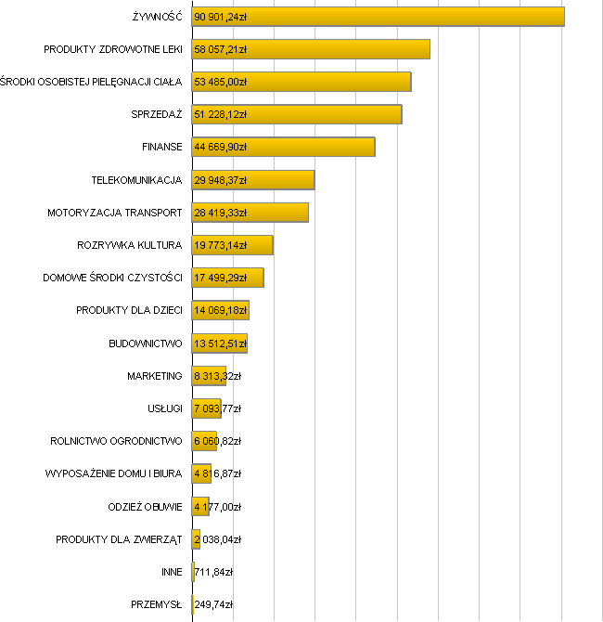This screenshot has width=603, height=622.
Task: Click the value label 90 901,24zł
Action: (221, 17)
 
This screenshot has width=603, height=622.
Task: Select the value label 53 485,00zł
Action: (221, 82)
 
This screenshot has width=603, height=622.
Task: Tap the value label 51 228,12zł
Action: (221, 114)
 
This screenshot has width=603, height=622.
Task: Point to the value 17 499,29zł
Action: (221, 278)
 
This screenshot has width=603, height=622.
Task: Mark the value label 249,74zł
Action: (213, 604)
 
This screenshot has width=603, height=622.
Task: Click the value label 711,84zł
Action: (213, 572)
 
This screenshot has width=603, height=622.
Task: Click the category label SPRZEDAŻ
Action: (157, 114)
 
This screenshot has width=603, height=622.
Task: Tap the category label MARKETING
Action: (155, 376)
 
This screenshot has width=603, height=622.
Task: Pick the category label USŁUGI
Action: (164, 408)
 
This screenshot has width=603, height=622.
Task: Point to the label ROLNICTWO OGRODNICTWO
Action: (116, 441)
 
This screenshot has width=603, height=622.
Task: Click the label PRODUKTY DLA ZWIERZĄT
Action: (119, 539)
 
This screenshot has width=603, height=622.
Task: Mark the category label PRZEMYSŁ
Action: (157, 604)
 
